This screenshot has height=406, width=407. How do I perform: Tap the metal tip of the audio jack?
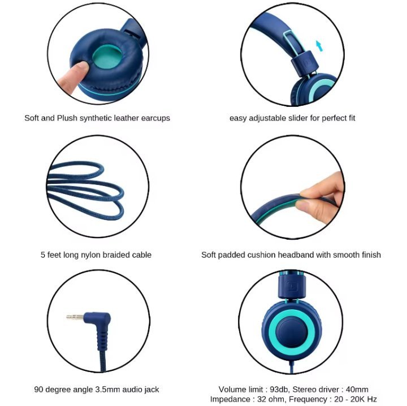75,317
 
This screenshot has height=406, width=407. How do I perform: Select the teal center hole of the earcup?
107,57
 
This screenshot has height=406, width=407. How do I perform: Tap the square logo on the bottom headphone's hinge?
292,286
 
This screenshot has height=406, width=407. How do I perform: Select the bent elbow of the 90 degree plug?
102,319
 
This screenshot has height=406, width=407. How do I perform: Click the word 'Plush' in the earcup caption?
67,118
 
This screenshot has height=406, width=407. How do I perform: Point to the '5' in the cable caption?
43,255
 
